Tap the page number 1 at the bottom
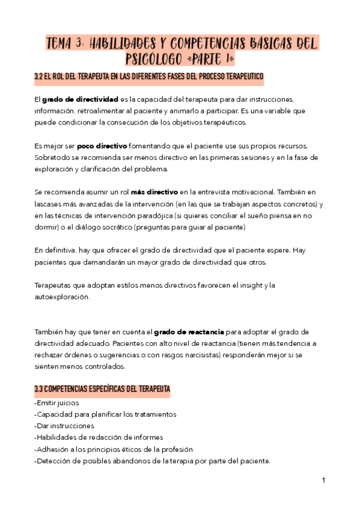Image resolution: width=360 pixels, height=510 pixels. coord(323,481)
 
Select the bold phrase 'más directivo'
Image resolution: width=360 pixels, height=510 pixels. coord(154,192)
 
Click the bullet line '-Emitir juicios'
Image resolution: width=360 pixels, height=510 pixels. coord(57,403)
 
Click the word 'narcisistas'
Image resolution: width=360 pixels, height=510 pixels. coord(176,355)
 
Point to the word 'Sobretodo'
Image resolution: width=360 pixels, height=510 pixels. coord(52,158)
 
